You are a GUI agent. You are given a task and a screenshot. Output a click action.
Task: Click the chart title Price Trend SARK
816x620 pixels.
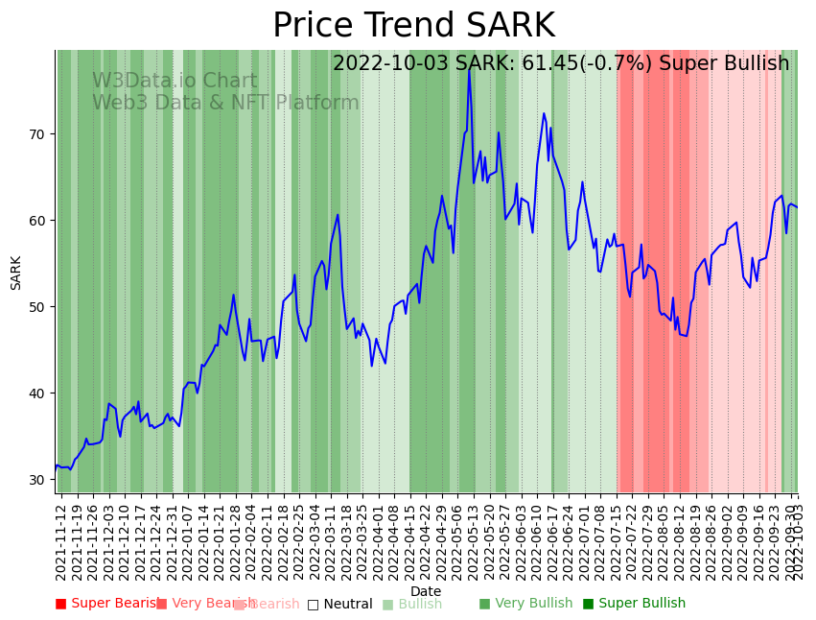[413, 26]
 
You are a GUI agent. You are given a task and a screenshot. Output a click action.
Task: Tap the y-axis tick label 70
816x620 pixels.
[37, 134]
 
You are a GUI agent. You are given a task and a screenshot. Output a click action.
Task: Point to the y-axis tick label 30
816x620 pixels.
[37, 480]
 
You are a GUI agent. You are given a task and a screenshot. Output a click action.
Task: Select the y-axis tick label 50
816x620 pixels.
[37, 307]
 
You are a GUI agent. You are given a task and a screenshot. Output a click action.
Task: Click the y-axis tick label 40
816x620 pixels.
[37, 393]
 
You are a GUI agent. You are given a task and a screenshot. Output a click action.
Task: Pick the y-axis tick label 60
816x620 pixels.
[37, 221]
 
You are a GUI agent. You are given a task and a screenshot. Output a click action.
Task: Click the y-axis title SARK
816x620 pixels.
[16, 273]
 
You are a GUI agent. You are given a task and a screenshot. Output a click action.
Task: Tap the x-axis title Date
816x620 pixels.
[426, 591]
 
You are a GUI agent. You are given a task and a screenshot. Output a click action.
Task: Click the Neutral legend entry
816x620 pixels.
[339, 604]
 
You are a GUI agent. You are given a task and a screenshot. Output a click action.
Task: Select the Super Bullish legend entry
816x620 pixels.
[634, 604]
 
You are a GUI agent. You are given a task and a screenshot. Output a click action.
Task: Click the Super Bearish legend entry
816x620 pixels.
[107, 604]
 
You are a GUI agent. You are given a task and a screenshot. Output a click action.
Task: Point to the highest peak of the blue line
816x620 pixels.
[469, 67]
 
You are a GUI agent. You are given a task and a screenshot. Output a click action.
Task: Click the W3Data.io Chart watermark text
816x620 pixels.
[175, 82]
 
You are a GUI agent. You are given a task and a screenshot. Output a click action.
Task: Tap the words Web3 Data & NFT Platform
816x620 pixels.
[225, 103]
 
